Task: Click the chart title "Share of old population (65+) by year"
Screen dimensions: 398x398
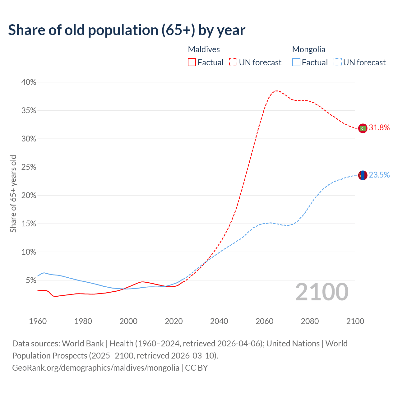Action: [127, 30]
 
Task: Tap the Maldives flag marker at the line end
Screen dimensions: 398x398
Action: [363, 128]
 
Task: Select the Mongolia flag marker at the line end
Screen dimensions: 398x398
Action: [363, 175]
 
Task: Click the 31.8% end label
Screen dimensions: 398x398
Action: [379, 128]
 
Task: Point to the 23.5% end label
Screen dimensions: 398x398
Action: [379, 175]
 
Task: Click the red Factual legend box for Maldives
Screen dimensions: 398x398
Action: [192, 62]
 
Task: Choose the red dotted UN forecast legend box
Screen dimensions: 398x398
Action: [233, 62]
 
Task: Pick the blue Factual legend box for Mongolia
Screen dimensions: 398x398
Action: [296, 62]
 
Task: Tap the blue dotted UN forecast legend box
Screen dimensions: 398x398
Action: [337, 62]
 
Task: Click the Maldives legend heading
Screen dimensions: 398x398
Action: [204, 49]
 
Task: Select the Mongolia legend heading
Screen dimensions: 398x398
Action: [308, 49]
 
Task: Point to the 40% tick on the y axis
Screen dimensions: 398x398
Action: [29, 82]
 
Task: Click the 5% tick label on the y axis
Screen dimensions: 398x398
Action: [30, 280]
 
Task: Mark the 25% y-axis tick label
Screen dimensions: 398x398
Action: [29, 167]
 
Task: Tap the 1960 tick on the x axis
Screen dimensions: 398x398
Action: [38, 321]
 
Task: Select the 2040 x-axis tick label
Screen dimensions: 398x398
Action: [219, 321]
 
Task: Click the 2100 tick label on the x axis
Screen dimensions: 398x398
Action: [355, 321]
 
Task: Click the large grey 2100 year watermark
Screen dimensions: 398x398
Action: [322, 292]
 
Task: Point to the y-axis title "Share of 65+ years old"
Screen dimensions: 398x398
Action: [13, 194]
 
